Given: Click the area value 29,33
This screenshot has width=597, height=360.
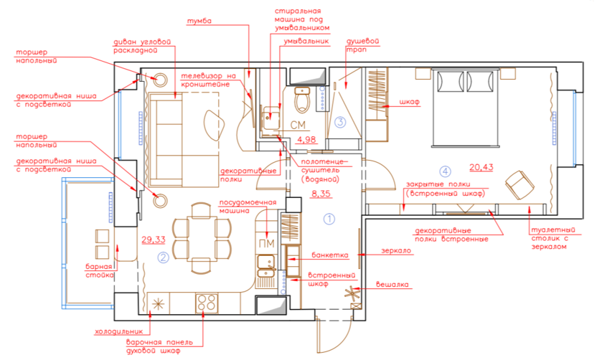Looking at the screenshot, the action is [154, 240].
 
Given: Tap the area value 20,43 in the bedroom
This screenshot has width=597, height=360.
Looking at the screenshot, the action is [481, 166].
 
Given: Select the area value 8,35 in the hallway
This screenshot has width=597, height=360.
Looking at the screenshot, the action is [321, 194].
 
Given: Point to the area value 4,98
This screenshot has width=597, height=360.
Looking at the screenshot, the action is [306, 139].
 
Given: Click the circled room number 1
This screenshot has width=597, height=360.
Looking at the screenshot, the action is [329, 219].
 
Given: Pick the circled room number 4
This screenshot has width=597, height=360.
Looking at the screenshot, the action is [445, 171].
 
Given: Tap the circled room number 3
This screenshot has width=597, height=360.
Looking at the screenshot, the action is [340, 122].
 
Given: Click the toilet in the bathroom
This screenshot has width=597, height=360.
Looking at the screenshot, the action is [302, 100].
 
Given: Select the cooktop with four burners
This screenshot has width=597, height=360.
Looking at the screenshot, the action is [207, 303].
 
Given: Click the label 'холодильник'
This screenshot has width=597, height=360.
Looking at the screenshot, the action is [119, 331].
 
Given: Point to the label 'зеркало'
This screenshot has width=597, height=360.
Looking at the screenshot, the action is [396, 251].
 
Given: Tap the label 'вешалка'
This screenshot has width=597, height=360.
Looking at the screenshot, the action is [392, 284].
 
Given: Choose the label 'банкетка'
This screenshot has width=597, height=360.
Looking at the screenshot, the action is [330, 255].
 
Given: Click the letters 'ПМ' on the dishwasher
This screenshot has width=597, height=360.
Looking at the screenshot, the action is [266, 244].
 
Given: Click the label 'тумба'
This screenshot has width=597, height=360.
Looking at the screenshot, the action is [199, 22].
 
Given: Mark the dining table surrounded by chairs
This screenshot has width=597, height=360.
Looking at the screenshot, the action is [202, 239].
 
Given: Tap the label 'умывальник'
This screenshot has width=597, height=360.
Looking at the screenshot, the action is [306, 41].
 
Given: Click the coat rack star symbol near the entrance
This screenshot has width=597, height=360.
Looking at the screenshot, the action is [352, 293].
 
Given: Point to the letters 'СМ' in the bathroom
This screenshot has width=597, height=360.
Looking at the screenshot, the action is [298, 125].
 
